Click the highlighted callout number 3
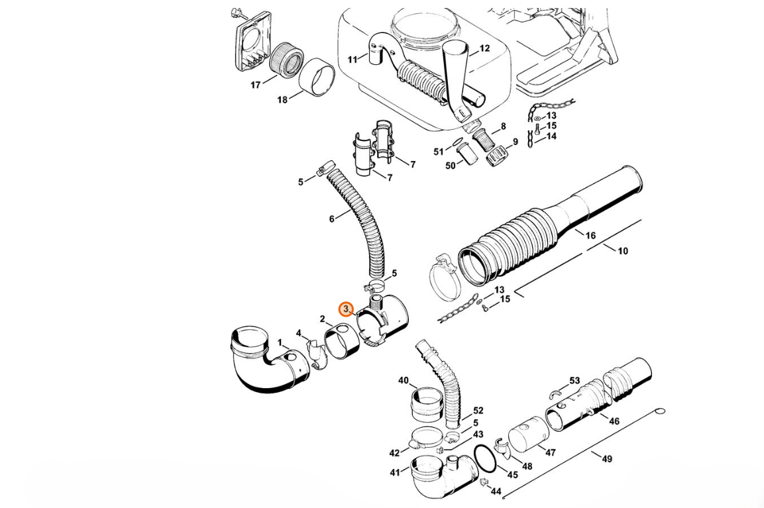346,309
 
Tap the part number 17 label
256,85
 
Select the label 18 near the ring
282,100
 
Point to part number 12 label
484,48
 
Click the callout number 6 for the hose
332,219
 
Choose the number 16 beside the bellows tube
590,236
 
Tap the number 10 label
623,251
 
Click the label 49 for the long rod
606,458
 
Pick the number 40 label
404,380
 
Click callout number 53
574,380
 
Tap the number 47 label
550,452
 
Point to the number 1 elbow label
280,343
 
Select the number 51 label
439,152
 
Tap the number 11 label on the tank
353,60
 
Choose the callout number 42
394,453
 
